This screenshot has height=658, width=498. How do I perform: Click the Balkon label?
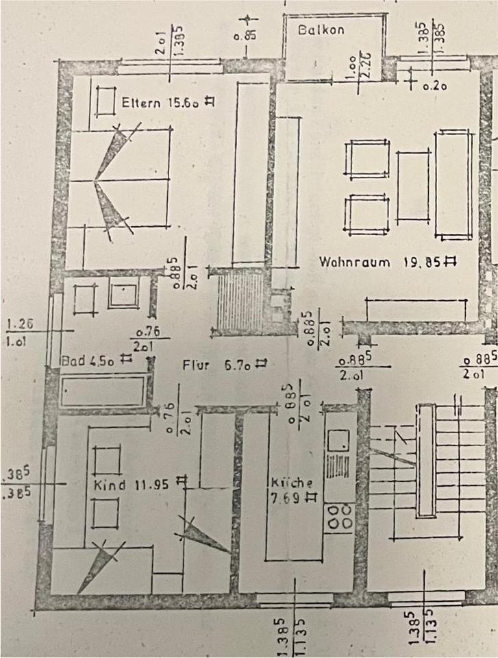coord(321,30)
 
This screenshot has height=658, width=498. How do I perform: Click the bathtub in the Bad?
coord(103,392)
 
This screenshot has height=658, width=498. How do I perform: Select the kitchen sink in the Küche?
coord(338,441)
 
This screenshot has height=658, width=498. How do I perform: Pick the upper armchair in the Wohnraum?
coord(369,159)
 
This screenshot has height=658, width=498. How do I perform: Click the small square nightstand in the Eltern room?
coord(107,103)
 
